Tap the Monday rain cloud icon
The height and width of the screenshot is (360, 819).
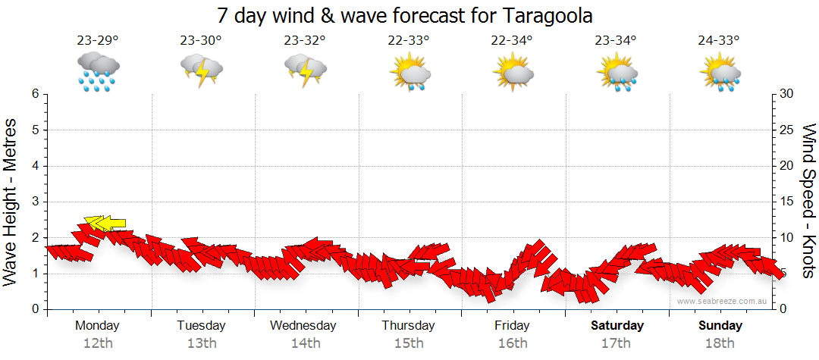(98, 72)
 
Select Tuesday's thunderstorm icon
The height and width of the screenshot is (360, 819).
(201, 72)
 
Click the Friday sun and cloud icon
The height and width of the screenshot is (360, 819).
(513, 72)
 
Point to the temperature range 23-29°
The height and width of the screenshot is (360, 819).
(98, 41)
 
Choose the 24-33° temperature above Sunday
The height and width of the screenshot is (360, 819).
(719, 41)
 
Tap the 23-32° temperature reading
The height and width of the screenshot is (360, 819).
(305, 41)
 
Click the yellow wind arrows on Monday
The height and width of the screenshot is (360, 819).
(105, 223)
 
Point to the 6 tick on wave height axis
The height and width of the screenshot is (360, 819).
(35, 94)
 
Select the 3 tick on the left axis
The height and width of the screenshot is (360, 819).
(35, 202)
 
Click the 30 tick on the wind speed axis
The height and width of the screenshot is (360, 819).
(786, 94)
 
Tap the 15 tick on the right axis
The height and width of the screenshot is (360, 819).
(786, 202)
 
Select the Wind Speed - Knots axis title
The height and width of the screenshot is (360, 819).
(808, 201)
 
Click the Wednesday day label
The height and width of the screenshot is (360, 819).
(303, 325)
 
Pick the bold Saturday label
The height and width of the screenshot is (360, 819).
(617, 325)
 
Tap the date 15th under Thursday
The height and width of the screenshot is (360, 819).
(408, 343)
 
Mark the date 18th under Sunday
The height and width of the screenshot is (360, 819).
(720, 343)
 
